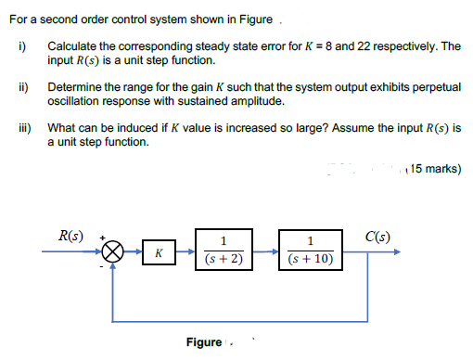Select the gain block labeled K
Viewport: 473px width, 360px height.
[x=160, y=251]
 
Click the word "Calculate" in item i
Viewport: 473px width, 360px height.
[x=72, y=45]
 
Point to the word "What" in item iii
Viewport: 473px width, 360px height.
[x=61, y=127]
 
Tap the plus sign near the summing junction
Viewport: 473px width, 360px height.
[x=102, y=237]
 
